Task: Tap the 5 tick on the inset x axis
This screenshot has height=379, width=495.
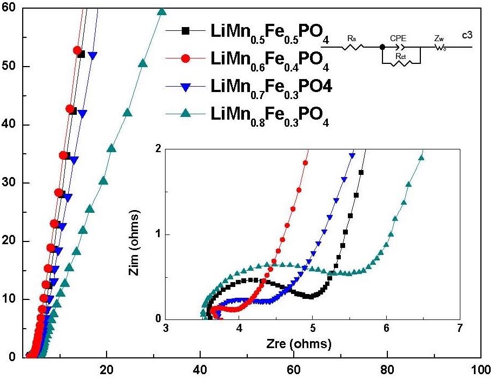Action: coord(313,329)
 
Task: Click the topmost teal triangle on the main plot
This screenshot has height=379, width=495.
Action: coord(161,12)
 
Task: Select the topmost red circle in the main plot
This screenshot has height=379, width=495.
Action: coord(77,50)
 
